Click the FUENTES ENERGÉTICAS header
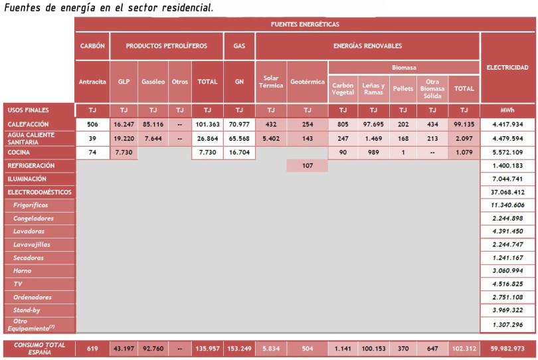pos(305,24)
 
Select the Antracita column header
pos(92,82)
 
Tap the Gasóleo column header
pos(153,82)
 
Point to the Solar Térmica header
pos(271,82)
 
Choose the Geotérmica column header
pos(308,82)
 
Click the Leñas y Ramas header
pos(373,88)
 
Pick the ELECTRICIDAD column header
pos(507,67)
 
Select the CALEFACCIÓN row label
pos(29,124)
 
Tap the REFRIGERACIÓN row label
pos(31,165)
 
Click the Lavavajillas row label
pos(34,244)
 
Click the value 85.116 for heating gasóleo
pos(153,124)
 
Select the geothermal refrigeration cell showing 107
pos(307,165)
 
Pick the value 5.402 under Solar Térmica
pos(271,138)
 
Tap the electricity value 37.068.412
pos(507,192)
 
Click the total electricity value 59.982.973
pos(507,349)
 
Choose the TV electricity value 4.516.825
pos(507,284)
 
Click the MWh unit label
pos(507,110)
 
